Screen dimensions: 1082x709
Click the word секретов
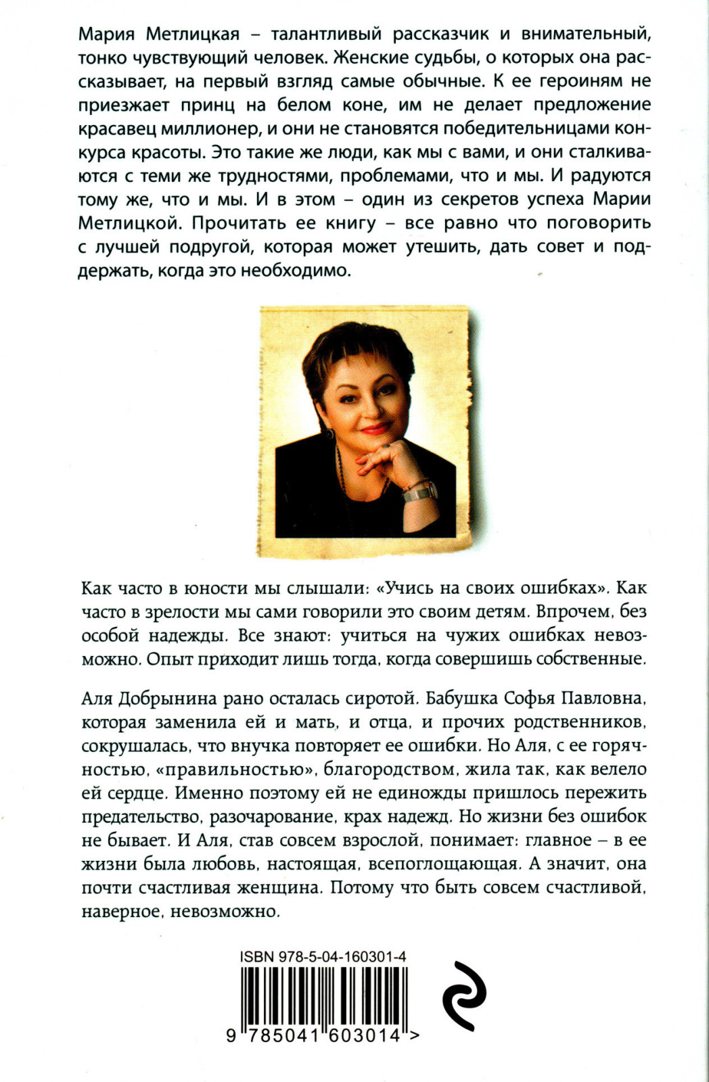pos(507,199)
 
